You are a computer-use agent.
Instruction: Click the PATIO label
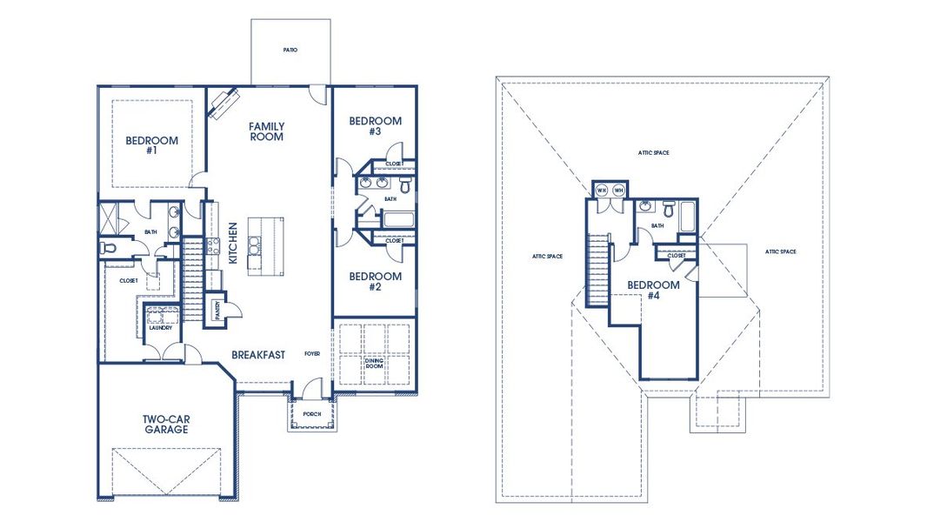point(290,50)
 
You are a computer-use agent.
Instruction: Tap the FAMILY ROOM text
point(267,131)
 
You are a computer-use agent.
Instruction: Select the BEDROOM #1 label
point(151,145)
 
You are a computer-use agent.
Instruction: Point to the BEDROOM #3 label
point(376,126)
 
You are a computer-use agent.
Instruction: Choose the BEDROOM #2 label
point(376,282)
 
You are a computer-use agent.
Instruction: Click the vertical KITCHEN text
point(233,243)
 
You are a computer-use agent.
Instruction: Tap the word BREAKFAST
point(258,354)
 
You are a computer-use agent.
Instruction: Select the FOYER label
point(312,354)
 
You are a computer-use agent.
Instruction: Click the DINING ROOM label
point(374,364)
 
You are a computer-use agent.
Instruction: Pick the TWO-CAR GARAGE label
point(166,425)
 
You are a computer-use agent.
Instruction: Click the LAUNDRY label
point(159,328)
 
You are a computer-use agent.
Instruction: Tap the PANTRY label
point(216,309)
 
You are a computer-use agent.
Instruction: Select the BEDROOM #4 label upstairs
point(653,291)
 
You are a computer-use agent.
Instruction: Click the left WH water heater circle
point(601,190)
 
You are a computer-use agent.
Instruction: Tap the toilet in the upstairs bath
point(669,210)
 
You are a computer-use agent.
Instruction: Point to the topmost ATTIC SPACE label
point(652,153)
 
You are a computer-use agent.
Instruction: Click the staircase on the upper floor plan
point(597,270)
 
